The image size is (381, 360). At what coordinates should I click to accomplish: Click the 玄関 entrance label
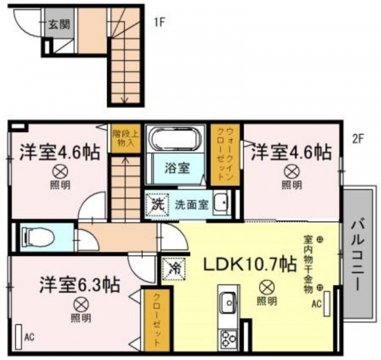tap(59, 25)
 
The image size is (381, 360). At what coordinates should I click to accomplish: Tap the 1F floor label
tap(159, 23)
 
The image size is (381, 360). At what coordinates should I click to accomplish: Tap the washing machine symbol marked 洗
tap(157, 204)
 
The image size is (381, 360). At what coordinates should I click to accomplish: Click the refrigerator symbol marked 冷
tap(174, 268)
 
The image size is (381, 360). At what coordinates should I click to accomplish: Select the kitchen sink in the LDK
tap(229, 303)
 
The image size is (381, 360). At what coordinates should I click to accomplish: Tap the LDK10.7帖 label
tap(250, 264)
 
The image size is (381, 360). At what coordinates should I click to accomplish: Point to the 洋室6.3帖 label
tap(80, 284)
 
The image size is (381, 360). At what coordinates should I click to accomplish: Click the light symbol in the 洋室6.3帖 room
tap(81, 305)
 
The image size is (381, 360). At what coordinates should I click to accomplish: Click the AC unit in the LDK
tap(327, 303)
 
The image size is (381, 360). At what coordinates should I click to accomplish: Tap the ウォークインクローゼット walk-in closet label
tap(225, 154)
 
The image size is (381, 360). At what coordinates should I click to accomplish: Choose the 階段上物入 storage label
tap(126, 138)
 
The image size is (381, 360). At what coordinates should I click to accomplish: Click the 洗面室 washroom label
tap(192, 205)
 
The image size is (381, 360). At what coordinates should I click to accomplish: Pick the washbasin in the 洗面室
tap(222, 203)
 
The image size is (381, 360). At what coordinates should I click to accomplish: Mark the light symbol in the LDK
tap(267, 288)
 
